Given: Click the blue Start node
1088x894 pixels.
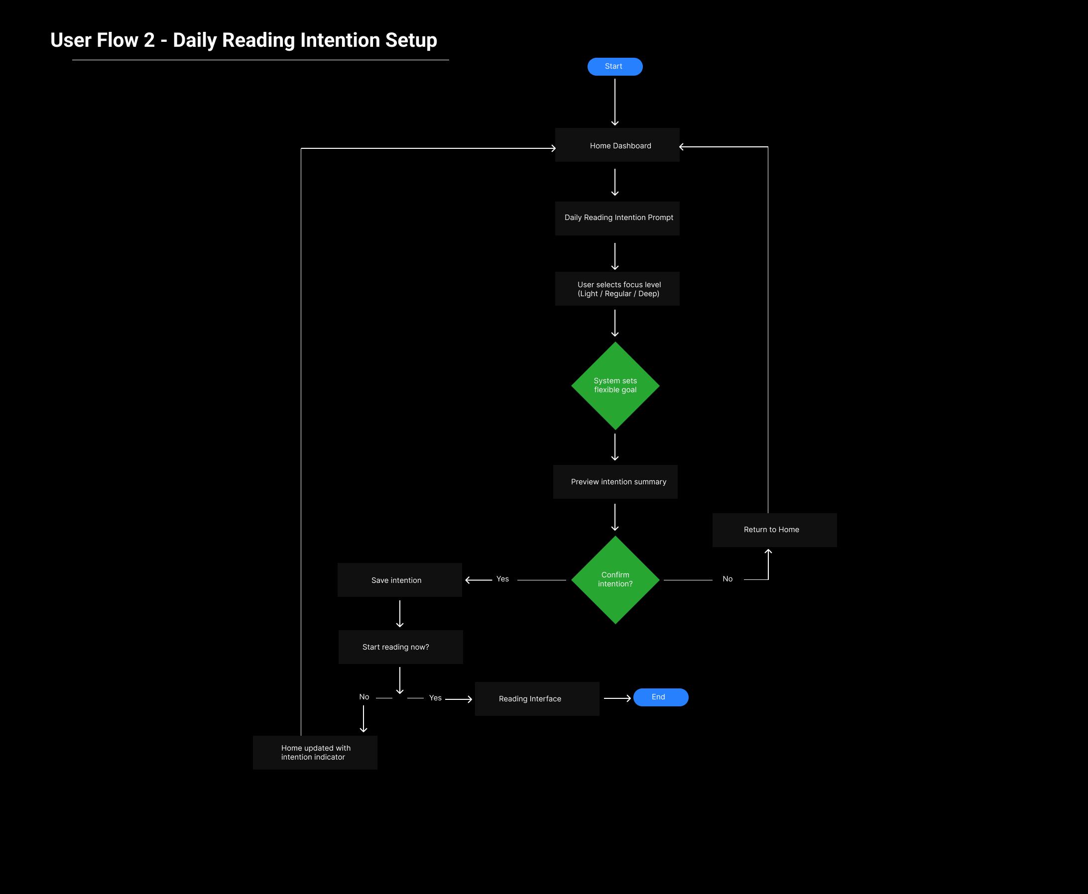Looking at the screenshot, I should [x=614, y=66].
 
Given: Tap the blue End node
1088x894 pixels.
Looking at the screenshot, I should [x=660, y=697].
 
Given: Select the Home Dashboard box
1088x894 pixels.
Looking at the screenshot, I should [x=617, y=145].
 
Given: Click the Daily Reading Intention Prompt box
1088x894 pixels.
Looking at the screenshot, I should [x=617, y=218].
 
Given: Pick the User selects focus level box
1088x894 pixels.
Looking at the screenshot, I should [x=617, y=289].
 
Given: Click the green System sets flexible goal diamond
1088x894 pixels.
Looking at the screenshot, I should [x=615, y=386].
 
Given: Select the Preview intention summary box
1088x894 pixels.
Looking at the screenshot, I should [x=615, y=482].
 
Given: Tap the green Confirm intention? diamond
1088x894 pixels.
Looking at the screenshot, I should [x=615, y=580].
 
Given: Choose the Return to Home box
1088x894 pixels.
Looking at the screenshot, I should [x=774, y=530].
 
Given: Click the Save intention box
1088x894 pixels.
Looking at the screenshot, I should [x=399, y=580].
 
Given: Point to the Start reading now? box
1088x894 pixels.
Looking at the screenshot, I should [x=400, y=647].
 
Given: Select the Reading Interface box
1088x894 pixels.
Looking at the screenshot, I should [x=537, y=699].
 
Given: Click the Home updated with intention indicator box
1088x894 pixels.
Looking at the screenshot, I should [x=315, y=753].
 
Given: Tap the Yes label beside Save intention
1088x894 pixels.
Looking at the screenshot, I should [x=502, y=579].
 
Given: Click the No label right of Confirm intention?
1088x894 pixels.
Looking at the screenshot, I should [x=727, y=579].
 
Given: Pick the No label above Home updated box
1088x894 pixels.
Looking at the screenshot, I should [x=364, y=697].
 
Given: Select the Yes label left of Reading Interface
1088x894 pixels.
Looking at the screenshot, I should [x=435, y=698].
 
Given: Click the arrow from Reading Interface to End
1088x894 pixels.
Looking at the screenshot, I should [x=616, y=698].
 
